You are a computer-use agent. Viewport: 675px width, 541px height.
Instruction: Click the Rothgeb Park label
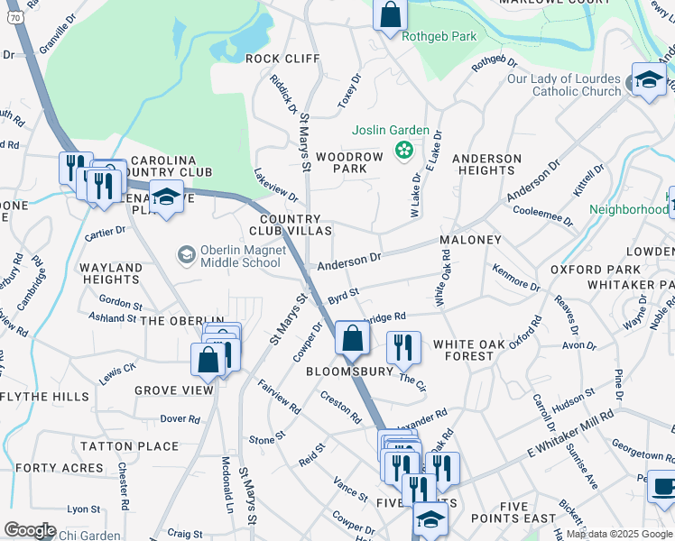[x=438, y=37]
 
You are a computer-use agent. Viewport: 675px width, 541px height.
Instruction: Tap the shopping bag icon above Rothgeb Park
[x=390, y=15]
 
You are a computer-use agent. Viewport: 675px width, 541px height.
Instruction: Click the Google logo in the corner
[x=30, y=530]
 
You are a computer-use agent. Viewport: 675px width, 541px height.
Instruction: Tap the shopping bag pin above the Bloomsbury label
[x=352, y=339]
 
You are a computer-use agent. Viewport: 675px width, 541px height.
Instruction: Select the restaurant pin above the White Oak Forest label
[x=403, y=347]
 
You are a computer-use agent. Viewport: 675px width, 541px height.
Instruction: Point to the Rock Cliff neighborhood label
[x=282, y=59]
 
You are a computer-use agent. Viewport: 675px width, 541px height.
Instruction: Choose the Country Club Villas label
[x=290, y=225]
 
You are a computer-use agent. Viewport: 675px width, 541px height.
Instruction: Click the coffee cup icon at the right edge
[x=663, y=487]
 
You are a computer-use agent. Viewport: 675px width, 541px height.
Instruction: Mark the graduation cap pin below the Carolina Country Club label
[x=166, y=197]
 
